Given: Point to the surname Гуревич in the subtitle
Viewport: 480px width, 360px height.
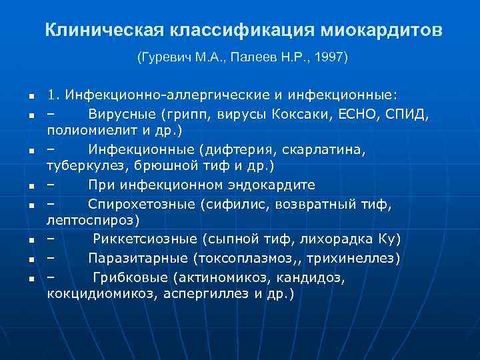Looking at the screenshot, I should [163, 57].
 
